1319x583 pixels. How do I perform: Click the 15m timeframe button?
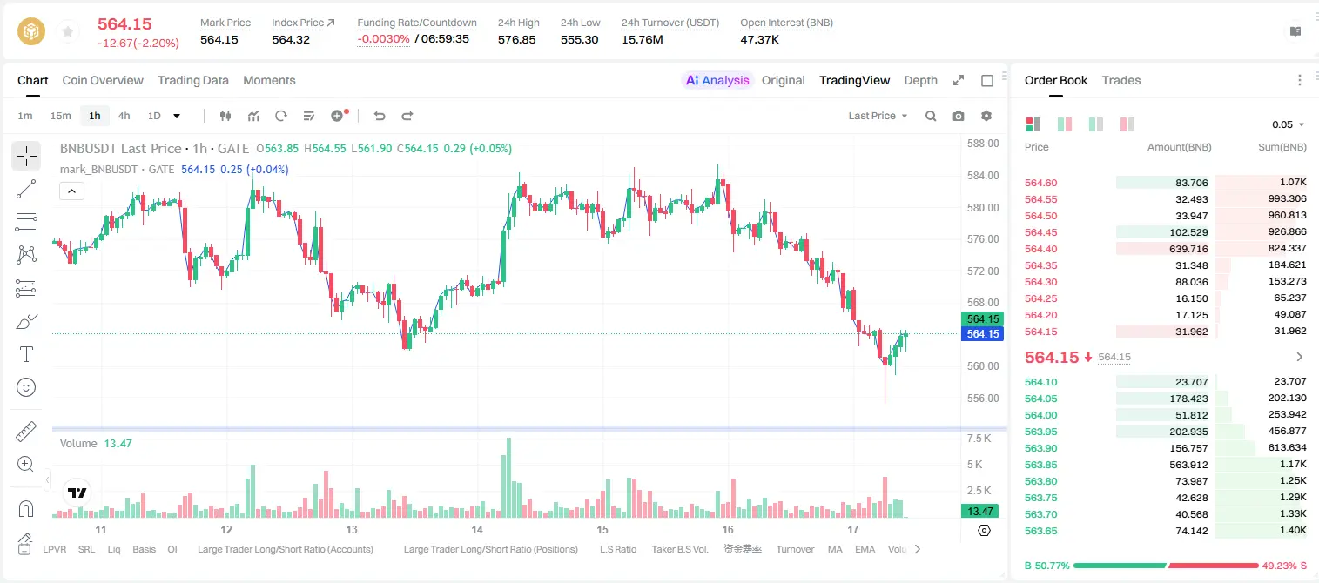coord(61,116)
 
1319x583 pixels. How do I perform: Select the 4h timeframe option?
coord(124,116)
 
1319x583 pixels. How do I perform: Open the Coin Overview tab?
coord(103,80)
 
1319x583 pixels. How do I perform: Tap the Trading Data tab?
coord(193,80)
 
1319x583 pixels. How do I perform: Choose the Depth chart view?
coord(920,80)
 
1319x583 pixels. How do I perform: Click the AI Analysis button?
coord(717,80)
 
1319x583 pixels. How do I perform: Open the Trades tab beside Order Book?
coord(1121,80)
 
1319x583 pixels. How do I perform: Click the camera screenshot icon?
coord(959,116)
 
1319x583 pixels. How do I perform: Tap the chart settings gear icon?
coord(986,116)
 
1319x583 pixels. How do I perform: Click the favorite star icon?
coord(68,31)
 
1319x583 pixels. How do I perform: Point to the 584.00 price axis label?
coord(983,175)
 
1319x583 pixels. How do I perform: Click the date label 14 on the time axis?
coord(477,529)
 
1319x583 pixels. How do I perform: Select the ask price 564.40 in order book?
coord(1040,249)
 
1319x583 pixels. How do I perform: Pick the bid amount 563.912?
coord(1188,465)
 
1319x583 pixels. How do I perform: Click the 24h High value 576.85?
coord(516,39)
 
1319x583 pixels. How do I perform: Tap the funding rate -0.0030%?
coord(383,39)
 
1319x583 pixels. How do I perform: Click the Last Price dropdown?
coord(878,116)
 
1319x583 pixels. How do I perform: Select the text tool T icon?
coord(26,354)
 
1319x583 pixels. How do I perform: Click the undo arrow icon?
coord(380,116)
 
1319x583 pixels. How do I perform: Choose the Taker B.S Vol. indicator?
coord(679,549)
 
